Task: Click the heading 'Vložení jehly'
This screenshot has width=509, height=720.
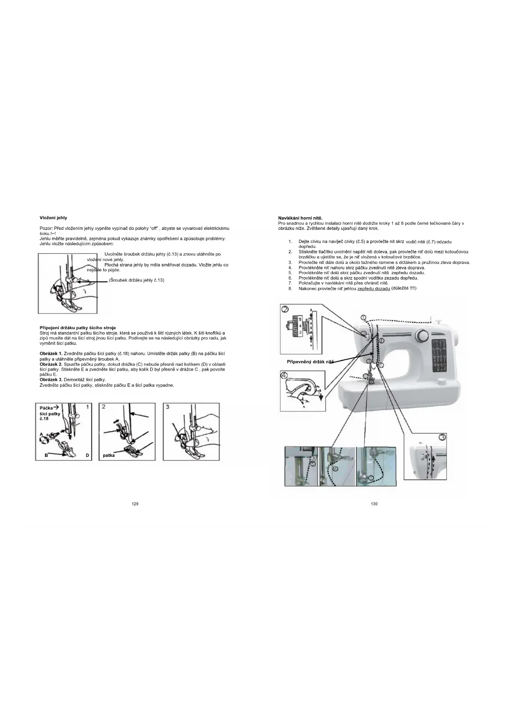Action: pyautogui.click(x=53, y=218)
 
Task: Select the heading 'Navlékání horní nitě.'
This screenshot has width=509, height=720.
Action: pyautogui.click(x=300, y=218)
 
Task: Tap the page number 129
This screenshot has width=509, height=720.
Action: pyautogui.click(x=135, y=504)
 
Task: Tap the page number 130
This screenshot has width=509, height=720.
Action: pyautogui.click(x=374, y=504)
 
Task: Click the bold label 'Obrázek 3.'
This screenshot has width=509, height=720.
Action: pyautogui.click(x=51, y=380)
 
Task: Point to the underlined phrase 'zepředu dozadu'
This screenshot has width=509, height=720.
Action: pyautogui.click(x=374, y=289)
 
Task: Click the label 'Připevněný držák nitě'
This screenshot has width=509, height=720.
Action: pyautogui.click(x=310, y=362)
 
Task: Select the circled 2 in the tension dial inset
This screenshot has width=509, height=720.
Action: pyautogui.click(x=285, y=309)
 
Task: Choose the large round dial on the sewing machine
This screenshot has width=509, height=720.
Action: pyautogui.click(x=421, y=335)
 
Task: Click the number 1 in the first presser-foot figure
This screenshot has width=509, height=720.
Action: pyautogui.click(x=87, y=406)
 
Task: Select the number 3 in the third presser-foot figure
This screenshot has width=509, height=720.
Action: pyautogui.click(x=168, y=406)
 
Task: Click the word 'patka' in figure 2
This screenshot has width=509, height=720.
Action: pyautogui.click(x=109, y=455)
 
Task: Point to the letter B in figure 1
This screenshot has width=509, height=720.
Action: pyautogui.click(x=46, y=455)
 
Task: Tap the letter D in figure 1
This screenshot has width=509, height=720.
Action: pyautogui.click(x=87, y=455)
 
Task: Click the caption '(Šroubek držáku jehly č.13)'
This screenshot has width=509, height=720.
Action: pyautogui.click(x=137, y=280)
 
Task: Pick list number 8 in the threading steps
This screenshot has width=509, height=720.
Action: pyautogui.click(x=290, y=289)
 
